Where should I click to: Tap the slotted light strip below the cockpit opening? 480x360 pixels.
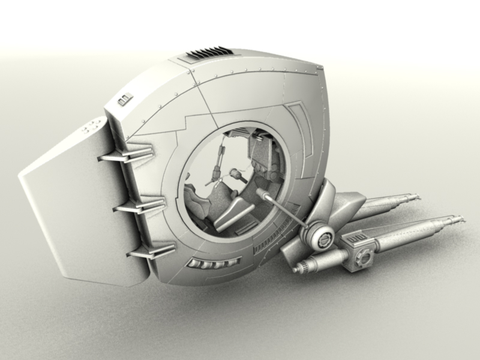(x=214, y=262)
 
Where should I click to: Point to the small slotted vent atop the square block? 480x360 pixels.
(x=359, y=238)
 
